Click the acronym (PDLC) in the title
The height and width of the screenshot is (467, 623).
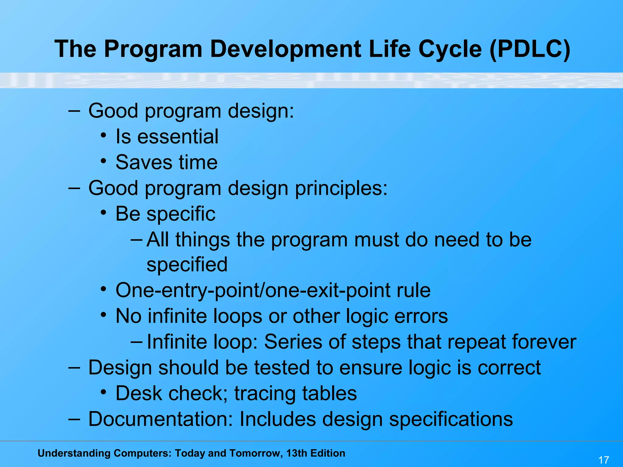(x=530, y=49)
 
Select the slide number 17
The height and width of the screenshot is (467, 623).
(x=604, y=460)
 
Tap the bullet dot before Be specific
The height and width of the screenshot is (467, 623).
(x=103, y=213)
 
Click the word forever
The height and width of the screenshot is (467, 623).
(x=544, y=342)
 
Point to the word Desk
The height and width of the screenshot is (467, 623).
(x=139, y=393)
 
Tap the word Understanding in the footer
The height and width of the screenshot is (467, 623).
(x=74, y=453)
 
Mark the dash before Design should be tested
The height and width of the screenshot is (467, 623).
(x=74, y=368)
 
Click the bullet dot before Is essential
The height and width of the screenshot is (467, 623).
(x=103, y=135)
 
